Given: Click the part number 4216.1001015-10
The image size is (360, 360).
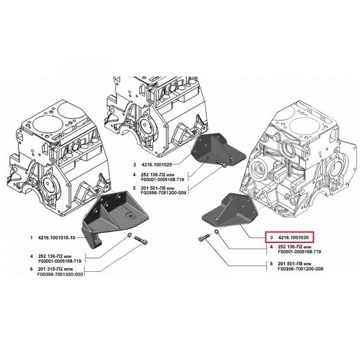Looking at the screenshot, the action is click(56, 238).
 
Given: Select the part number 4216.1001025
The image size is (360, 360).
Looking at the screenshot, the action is click(157, 164).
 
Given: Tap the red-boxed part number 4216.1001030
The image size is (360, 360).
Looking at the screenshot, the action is click(293, 238).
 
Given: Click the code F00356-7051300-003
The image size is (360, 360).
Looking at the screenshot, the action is click(60, 274).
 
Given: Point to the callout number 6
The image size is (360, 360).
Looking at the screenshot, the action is click(31, 269).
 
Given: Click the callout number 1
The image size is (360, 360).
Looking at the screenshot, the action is click(31, 238).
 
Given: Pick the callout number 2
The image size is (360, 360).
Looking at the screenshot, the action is click(135, 164).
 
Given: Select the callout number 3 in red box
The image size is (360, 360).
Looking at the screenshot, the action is click(271, 238).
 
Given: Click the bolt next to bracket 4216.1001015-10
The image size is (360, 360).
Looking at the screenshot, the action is click(141, 241).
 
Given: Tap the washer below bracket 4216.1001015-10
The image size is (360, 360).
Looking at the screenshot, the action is click(129, 235).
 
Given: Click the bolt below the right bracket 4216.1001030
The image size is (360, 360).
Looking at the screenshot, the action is click(204, 237).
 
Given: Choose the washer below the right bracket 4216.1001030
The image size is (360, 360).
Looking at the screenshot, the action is click(217, 232).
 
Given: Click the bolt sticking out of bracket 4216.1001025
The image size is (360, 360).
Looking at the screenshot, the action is click(221, 164).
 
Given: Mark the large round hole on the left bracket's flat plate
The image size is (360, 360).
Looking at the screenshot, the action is click(131, 216).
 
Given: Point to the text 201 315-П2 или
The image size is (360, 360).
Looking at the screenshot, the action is click(55, 269).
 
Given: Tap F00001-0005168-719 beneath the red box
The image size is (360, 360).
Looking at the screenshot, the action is click(299, 251).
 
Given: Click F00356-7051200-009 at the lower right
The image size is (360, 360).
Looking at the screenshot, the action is click(301, 269).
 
